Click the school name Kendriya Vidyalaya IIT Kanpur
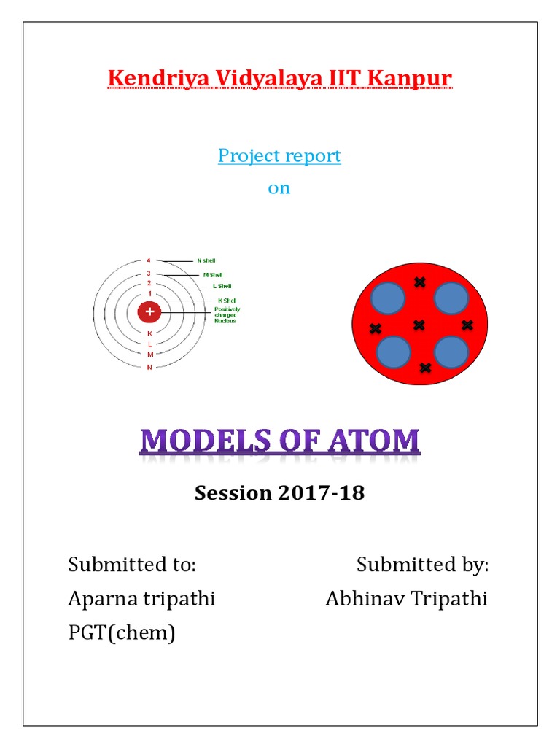click(x=280, y=78)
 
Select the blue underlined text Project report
click(x=279, y=156)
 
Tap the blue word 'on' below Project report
click(x=279, y=188)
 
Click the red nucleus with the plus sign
click(x=149, y=312)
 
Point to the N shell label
click(x=206, y=260)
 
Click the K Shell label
click(x=227, y=301)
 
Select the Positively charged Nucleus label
click(x=227, y=315)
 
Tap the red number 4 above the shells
click(x=149, y=260)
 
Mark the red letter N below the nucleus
click(x=149, y=367)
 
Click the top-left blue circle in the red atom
click(x=388, y=298)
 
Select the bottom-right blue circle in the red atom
click(x=451, y=352)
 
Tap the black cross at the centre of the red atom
click(x=419, y=325)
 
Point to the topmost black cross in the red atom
click(x=419, y=282)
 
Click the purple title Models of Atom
click(x=280, y=442)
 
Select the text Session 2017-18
click(x=279, y=493)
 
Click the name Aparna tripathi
click(x=141, y=599)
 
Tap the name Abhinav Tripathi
click(x=406, y=599)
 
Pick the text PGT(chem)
click(x=122, y=632)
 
